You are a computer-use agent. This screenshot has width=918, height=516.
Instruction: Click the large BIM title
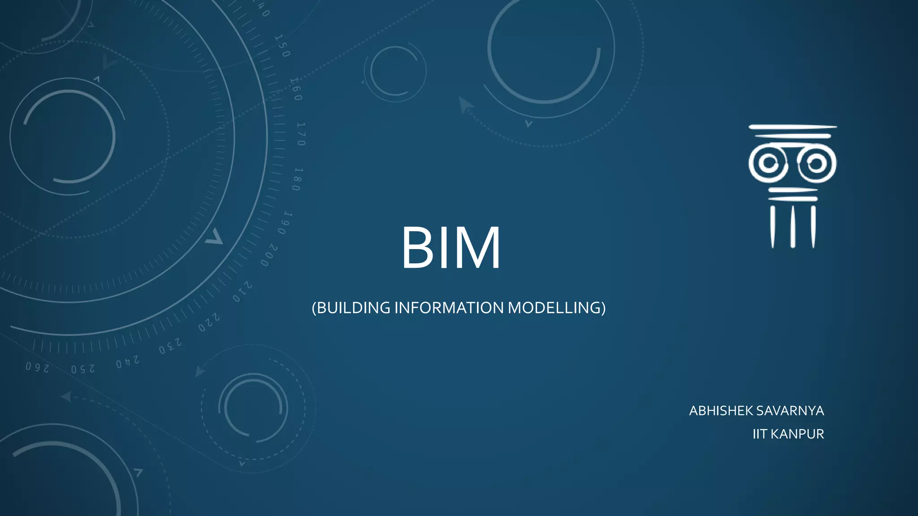(450, 248)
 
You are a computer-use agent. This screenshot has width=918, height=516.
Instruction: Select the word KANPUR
(797, 434)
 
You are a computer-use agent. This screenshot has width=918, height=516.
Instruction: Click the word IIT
(759, 434)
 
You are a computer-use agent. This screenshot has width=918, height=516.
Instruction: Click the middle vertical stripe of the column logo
(792, 227)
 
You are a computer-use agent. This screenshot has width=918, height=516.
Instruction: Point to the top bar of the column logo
(792, 127)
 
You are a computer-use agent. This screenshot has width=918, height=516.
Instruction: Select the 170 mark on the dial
(301, 134)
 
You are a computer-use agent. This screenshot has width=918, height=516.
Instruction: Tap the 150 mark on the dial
(282, 46)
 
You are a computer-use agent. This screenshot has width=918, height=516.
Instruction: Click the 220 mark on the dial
(209, 322)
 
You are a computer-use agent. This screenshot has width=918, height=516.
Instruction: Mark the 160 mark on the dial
(296, 89)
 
